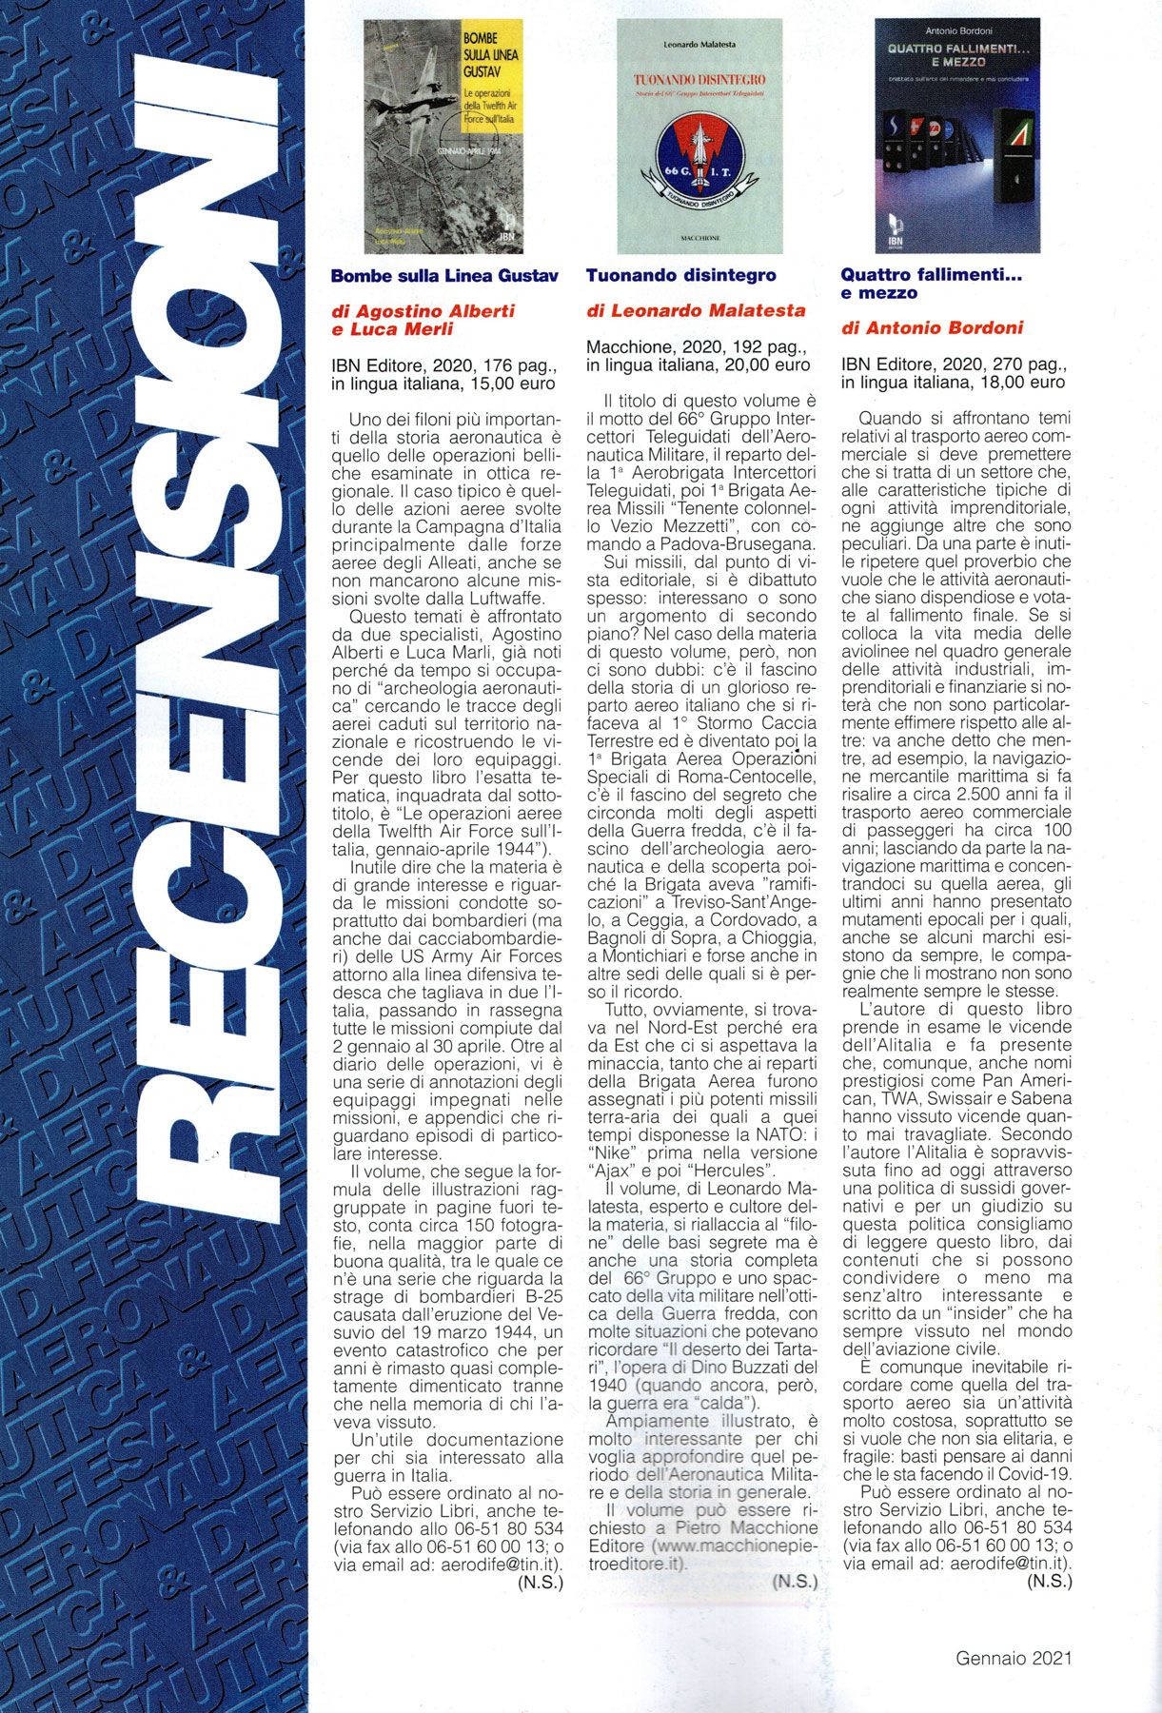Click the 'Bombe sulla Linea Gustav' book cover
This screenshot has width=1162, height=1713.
pos(444,136)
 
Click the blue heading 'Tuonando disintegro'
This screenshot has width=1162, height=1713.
pos(680,276)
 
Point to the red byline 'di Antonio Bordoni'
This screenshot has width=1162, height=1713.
pos(932,328)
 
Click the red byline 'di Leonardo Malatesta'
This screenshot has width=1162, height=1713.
pos(695,310)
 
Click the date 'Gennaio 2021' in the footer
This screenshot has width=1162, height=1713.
pos(1014,1658)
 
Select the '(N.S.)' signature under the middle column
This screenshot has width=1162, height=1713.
pos(795,1581)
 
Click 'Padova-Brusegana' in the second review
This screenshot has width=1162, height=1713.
pos(747,543)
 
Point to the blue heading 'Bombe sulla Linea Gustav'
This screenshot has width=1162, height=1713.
pos(443,276)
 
